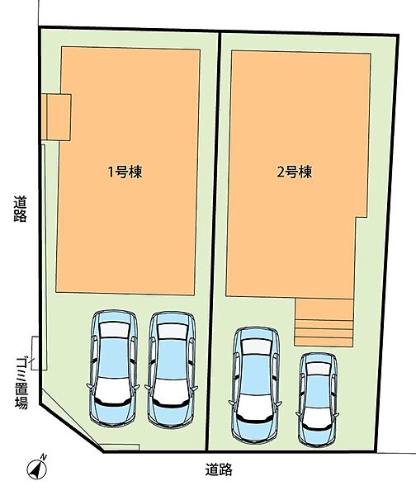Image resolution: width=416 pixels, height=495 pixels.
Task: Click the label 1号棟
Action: coord(125,172)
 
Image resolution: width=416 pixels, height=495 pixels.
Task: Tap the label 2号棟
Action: coord(295,172)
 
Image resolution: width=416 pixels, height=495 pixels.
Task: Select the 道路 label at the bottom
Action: coord(219,469)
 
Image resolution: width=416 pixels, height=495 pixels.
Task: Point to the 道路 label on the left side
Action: coord(20,209)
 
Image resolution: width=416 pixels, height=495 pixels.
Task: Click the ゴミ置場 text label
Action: coord(21,383)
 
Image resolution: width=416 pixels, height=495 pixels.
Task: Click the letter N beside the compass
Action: coord(44,456)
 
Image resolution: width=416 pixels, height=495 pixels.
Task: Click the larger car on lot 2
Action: coord(256,385)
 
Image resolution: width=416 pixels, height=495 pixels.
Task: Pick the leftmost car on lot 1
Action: coord(113,369)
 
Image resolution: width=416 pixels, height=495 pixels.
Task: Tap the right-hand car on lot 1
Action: coord(171,370)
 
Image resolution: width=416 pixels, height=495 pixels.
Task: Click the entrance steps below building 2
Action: coord(324,322)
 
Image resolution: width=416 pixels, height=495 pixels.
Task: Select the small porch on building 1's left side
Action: coord(56,117)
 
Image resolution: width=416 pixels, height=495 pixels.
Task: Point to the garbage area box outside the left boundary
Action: coord(35,353)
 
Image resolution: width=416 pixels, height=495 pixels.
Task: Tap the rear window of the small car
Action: coord(319,369)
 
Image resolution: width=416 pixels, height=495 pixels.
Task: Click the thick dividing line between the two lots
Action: coord(213,241)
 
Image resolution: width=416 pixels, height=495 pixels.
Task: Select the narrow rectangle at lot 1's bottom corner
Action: coord(119,447)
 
